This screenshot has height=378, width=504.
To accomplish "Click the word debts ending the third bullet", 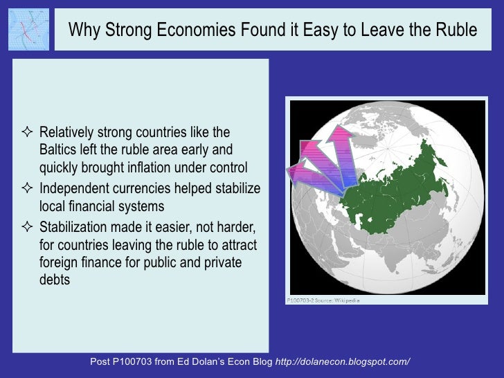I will [x=55, y=280].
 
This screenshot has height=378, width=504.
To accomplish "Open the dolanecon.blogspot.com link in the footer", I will [x=343, y=362].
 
